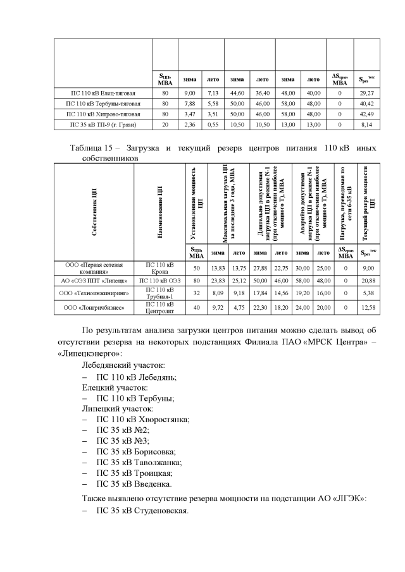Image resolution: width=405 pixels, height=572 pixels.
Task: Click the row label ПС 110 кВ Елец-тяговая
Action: coord(103,92)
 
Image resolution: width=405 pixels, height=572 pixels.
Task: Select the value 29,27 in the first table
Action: coord(366,92)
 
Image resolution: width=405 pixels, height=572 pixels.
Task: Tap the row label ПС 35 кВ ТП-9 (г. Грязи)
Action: coord(103,125)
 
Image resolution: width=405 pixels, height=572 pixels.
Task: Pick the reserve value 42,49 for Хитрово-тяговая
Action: coord(366,114)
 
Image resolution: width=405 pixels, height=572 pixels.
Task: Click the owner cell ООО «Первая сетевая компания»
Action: coord(94,267)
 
